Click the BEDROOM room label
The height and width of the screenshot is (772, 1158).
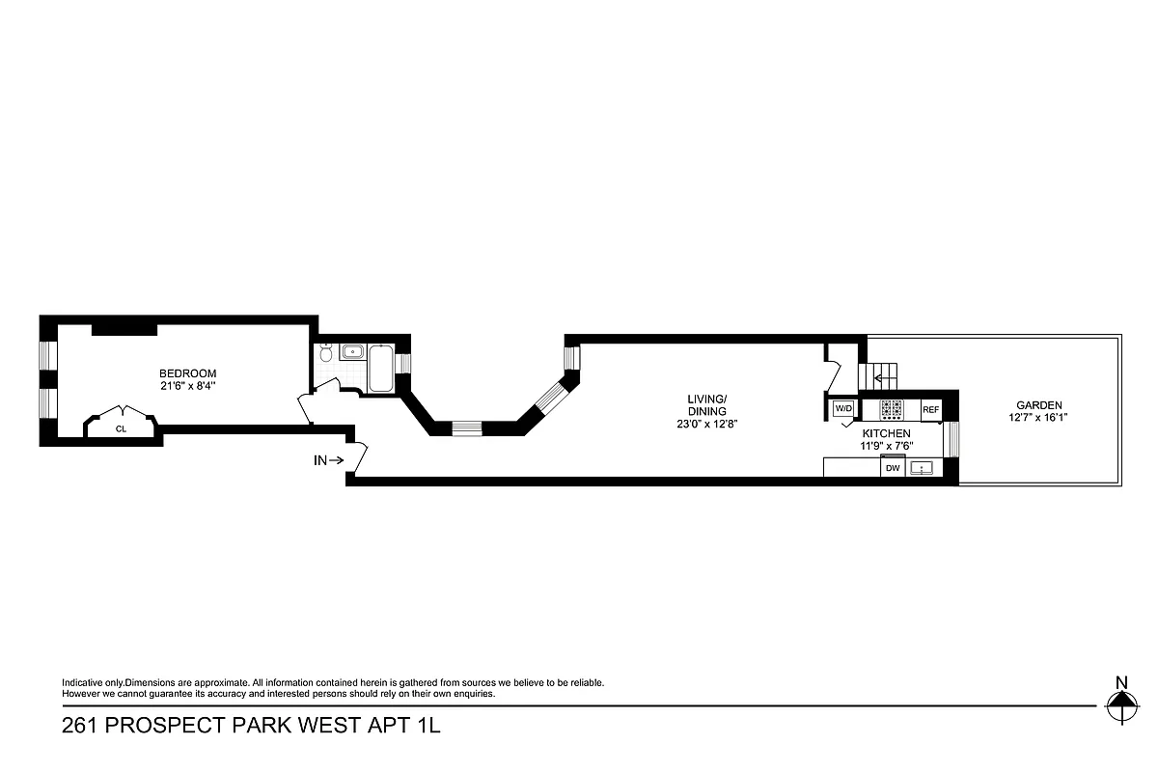(187, 373)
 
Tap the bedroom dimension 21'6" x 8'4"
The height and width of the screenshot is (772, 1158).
(187, 386)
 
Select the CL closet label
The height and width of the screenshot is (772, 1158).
(121, 428)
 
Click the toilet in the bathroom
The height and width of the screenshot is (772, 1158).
(327, 355)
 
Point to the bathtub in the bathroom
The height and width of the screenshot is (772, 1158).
(380, 368)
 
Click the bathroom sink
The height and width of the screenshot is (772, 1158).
(350, 352)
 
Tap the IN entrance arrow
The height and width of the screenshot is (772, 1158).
(329, 460)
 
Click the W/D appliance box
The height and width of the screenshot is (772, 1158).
(843, 408)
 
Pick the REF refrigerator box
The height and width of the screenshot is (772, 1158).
(930, 409)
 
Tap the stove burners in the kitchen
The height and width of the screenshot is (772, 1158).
(890, 408)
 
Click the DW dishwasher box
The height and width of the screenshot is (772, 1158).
(893, 468)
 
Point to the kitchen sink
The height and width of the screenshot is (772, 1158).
(924, 468)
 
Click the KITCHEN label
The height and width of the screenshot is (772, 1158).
(886, 434)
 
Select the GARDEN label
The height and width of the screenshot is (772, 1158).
(1038, 405)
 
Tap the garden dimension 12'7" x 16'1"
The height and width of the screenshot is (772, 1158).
(1038, 418)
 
